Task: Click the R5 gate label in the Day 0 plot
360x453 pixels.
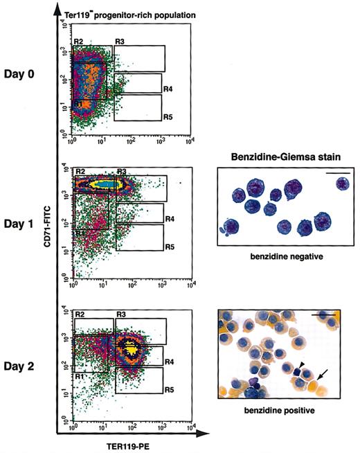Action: [168, 117]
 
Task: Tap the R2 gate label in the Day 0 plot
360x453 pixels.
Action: [80, 43]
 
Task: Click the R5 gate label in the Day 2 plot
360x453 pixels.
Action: [168, 390]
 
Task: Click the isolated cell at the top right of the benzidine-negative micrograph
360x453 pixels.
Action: [341, 184]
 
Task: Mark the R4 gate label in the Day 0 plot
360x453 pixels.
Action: [168, 89]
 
